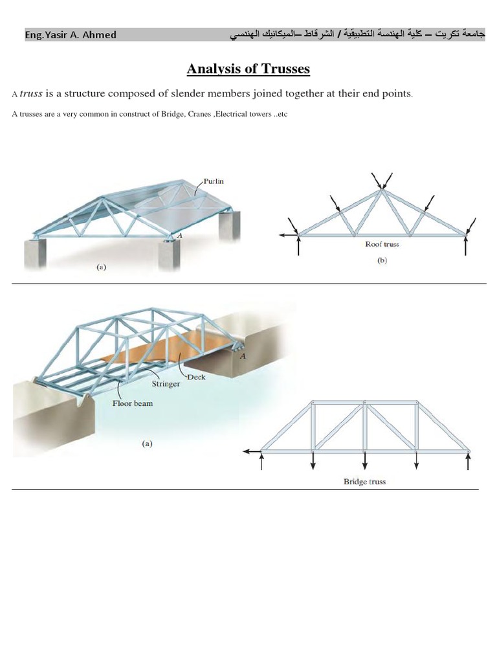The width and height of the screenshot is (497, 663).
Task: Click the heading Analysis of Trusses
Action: click(248, 68)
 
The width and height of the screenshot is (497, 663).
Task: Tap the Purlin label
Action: click(214, 182)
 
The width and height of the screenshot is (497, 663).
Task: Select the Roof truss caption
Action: click(382, 245)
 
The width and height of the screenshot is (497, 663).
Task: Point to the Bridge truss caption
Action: click(364, 482)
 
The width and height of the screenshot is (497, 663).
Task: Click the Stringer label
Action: click(166, 383)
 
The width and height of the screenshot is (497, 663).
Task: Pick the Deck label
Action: click(196, 377)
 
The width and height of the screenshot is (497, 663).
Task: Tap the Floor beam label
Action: click(133, 403)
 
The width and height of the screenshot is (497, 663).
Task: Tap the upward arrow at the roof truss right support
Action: click(466, 246)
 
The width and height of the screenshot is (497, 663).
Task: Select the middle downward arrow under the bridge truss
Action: click(365, 461)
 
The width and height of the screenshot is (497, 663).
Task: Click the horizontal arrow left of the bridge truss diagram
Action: click(252, 451)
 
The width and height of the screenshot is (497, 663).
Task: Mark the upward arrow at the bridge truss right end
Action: click(468, 461)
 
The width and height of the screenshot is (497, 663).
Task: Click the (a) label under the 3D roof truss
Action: click(101, 265)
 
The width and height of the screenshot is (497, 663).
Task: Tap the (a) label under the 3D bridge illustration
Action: click(147, 444)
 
